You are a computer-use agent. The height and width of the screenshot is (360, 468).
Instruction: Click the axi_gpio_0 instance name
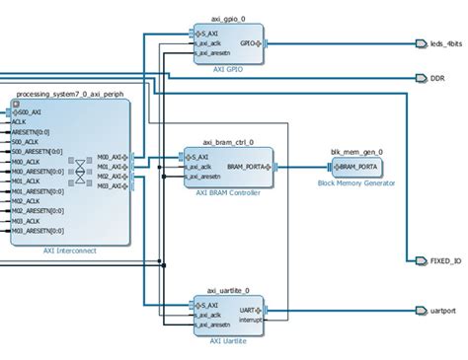[x=228, y=19]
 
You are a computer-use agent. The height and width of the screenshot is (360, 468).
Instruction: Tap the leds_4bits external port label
[x=441, y=43]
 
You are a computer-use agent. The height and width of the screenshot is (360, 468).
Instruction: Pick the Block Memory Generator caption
[x=356, y=183]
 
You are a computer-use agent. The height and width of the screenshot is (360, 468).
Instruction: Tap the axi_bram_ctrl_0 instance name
[x=228, y=142]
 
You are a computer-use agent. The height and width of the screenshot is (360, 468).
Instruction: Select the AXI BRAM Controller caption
[x=228, y=193]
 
